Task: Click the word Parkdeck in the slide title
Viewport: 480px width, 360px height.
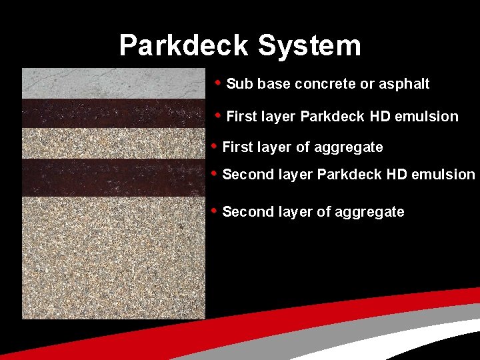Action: (x=183, y=46)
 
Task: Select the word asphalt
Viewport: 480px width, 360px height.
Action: (x=404, y=84)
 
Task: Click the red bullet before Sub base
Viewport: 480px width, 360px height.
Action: (x=218, y=83)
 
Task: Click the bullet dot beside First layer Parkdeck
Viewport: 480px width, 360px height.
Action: (x=218, y=115)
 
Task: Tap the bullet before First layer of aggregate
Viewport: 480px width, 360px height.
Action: (x=213, y=145)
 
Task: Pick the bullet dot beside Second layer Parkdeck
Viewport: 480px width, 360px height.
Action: (x=213, y=173)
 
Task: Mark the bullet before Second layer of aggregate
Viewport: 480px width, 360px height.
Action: (x=213, y=211)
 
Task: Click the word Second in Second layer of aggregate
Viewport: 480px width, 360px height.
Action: (x=245, y=212)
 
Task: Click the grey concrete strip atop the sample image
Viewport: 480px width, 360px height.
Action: (x=113, y=83)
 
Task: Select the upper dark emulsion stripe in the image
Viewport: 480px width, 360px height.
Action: (x=113, y=113)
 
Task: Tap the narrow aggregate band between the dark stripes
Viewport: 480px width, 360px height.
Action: (x=113, y=143)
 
